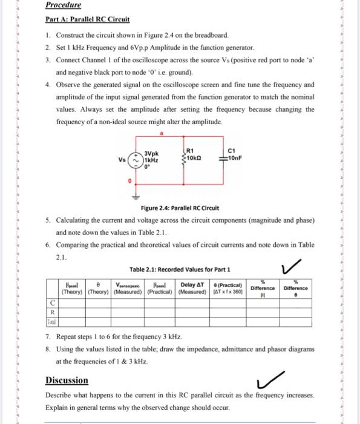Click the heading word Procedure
tap(64, 5)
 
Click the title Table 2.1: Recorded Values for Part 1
tap(180, 269)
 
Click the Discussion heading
tap(67, 380)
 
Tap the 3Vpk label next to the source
tap(152, 154)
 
